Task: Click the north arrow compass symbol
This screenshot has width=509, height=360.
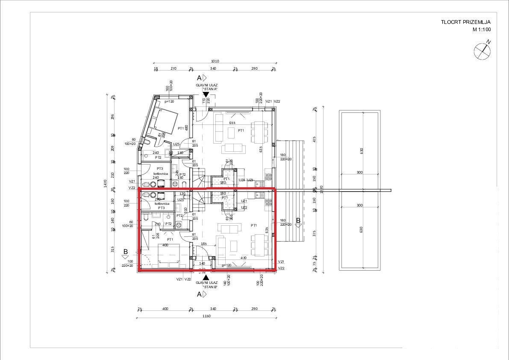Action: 482,51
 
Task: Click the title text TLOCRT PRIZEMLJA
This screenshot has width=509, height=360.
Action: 466,22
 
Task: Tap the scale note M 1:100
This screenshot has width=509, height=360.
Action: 481,30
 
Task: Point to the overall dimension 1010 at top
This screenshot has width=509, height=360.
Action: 215,61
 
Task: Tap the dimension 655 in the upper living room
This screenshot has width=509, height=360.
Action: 232,123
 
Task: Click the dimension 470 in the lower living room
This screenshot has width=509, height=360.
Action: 244,258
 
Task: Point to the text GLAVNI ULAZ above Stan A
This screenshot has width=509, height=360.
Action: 205,86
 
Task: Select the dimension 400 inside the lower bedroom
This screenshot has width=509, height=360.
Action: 165,245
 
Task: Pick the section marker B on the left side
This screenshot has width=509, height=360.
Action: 125,252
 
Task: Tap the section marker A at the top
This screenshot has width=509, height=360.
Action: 199,78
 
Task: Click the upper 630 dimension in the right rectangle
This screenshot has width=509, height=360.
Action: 362,150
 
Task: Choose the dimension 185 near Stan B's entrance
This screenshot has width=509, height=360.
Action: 204,244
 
